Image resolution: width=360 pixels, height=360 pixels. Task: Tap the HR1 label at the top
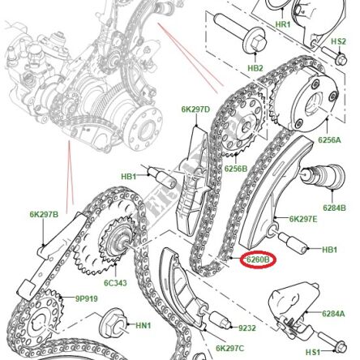tap(284, 25)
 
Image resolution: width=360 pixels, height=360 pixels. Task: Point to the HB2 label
tap(255, 69)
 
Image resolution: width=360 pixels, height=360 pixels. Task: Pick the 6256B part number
tap(236, 169)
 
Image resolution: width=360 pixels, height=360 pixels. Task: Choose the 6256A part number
tap(328, 140)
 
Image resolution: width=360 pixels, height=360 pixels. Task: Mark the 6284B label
tap(333, 208)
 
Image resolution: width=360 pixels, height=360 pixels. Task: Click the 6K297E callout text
tap(306, 218)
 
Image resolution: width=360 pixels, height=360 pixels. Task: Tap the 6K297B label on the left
tap(44, 214)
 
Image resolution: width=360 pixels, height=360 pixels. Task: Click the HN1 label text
tap(143, 325)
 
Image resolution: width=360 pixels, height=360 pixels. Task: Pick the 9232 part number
tap(247, 328)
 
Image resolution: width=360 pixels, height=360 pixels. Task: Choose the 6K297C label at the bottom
tap(230, 349)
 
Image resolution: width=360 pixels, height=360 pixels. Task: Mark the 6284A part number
tap(334, 313)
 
